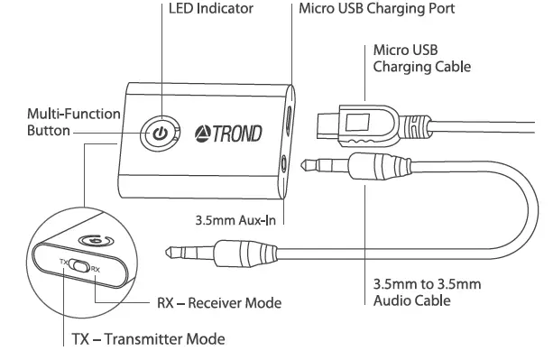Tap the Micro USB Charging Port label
coord(375,10)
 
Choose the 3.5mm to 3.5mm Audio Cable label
coord(427,291)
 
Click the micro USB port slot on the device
coord(290,121)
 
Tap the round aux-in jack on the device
coord(287,164)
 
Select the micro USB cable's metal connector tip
coord(332,120)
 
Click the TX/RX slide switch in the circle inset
coord(79,267)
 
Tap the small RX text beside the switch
coord(95,270)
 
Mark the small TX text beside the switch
coord(63,263)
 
